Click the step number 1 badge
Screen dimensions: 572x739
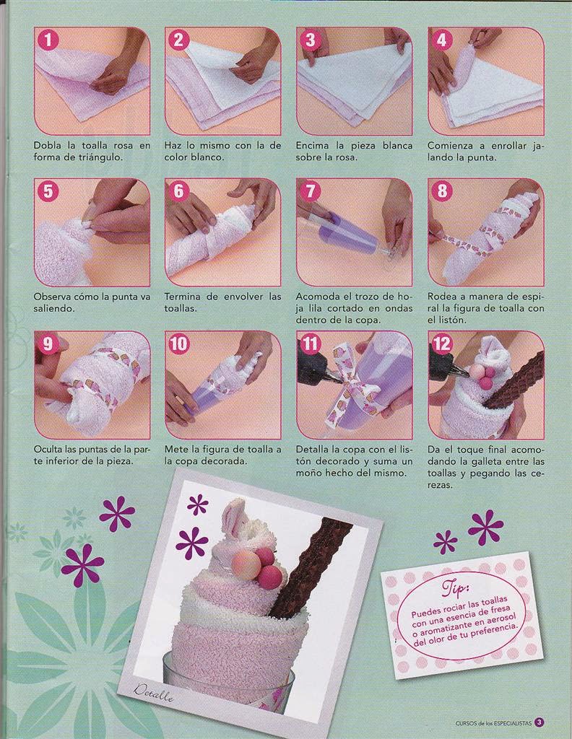pyautogui.click(x=48, y=40)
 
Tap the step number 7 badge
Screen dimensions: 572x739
pyautogui.click(x=311, y=191)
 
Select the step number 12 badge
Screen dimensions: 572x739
pyautogui.click(x=442, y=344)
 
